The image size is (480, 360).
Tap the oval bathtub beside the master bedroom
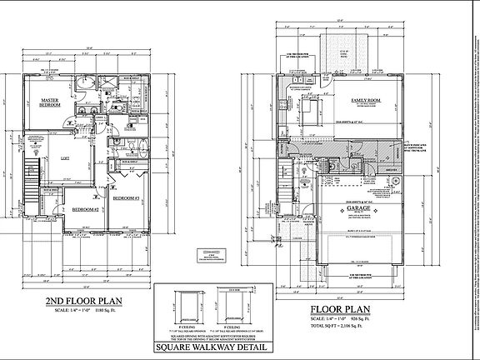86,87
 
